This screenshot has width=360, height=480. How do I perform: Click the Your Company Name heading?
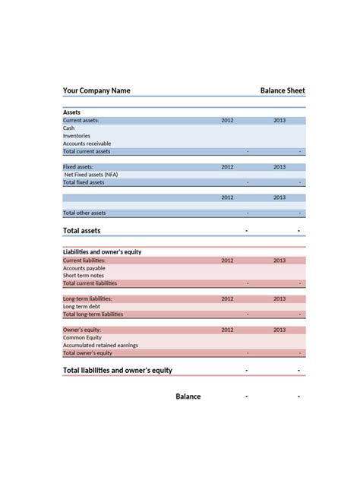[x=96, y=90]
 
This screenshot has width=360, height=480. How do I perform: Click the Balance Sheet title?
[x=283, y=90]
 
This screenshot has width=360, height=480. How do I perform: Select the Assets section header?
[x=72, y=112]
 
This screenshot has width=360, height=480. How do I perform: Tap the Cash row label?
[x=68, y=128]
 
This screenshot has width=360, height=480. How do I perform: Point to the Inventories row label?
[x=77, y=136]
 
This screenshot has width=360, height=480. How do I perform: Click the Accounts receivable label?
[x=87, y=144]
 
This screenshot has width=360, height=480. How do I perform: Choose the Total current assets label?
[x=87, y=151]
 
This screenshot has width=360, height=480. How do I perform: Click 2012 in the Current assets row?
[x=227, y=121]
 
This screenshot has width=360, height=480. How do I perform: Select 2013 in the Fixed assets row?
[x=279, y=166]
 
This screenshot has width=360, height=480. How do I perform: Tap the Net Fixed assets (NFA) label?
[x=91, y=175]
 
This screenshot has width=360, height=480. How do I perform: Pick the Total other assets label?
[x=84, y=213]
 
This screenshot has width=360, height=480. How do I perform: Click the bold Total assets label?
[x=81, y=230]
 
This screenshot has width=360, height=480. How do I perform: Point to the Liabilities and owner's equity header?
[x=102, y=251]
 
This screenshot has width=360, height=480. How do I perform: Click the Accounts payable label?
[x=84, y=268]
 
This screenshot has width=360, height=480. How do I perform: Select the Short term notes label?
[x=84, y=276]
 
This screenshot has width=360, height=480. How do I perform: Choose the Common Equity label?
[x=81, y=338]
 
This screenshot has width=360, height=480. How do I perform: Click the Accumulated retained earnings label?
[x=100, y=346]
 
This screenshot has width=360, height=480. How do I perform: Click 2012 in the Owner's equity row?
[x=227, y=330]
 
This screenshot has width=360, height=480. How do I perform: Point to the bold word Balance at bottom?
[x=188, y=396]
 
